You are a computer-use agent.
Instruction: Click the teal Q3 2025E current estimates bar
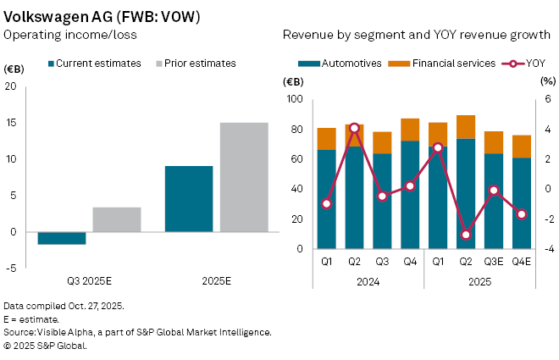[62, 238]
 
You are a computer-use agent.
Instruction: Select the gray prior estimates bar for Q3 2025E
[117, 219]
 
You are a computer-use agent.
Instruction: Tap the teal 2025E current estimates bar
[189, 199]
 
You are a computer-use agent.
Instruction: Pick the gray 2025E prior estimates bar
[244, 177]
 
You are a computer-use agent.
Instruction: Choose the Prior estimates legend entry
[196, 64]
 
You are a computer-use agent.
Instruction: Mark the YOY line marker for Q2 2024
[354, 127]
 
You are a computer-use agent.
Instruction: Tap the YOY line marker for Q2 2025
[466, 235]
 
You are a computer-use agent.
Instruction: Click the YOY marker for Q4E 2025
[522, 214]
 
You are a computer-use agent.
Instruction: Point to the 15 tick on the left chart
[10, 123]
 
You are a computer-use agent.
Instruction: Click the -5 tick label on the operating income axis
[10, 268]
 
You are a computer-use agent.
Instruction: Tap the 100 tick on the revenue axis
[296, 99]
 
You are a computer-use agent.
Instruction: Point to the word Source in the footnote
[19, 332]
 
